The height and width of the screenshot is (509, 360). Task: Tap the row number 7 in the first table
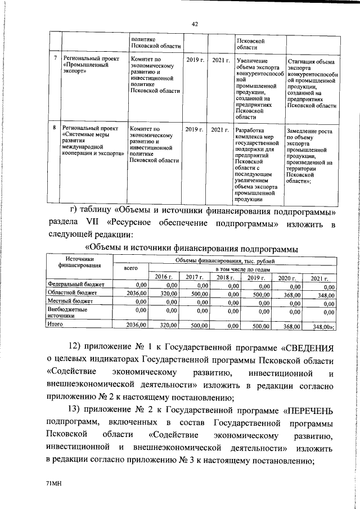tap(55, 58)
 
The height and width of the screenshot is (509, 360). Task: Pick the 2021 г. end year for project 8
tap(219, 130)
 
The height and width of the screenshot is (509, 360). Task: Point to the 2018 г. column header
tap(225, 278)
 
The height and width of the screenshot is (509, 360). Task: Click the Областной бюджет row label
tap(73, 293)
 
